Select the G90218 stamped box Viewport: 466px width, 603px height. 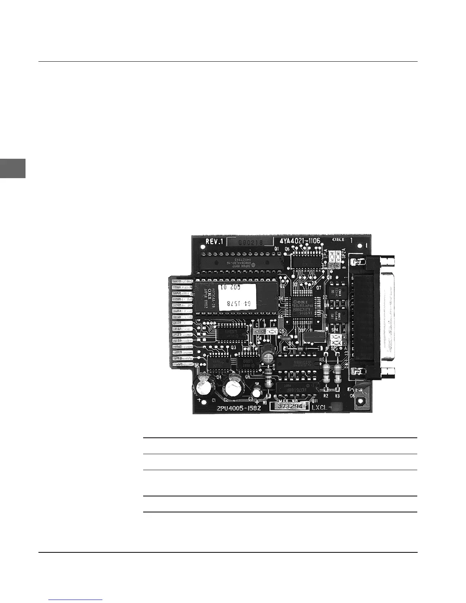tap(250, 242)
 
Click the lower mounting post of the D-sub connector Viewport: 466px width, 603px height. tap(388, 373)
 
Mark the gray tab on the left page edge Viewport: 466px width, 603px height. tap(13, 169)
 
